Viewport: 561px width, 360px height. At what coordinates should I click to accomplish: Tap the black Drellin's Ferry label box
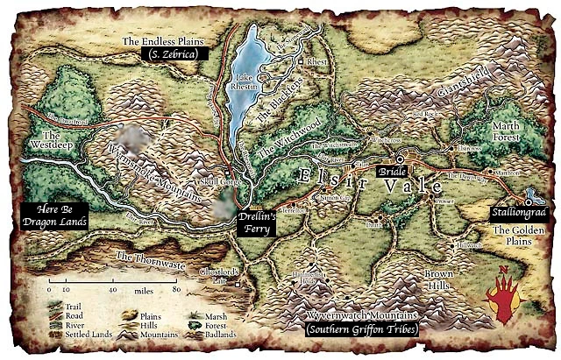click(x=259, y=222)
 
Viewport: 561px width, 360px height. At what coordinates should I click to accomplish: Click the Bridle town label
click(x=387, y=173)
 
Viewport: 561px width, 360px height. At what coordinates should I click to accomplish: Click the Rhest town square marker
click(x=301, y=63)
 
